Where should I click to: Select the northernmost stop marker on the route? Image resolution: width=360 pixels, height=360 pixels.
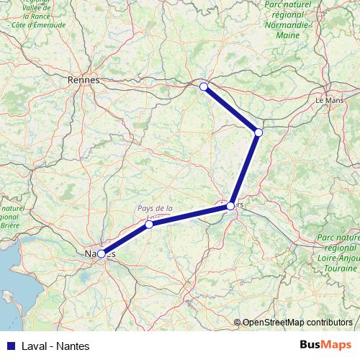(204, 86)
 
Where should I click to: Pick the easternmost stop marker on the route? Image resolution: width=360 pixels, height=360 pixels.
(258, 132)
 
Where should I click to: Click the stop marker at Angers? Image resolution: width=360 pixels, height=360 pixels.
(230, 206)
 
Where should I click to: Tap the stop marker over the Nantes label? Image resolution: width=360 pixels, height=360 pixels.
(102, 253)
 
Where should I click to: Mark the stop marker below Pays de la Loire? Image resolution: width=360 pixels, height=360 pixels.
(149, 225)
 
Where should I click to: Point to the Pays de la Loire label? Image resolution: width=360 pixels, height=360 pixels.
(156, 209)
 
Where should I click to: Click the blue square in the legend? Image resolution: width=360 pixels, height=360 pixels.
(9, 346)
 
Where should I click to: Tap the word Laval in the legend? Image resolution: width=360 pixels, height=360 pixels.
(35, 346)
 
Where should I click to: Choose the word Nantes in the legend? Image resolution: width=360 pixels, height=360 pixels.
(73, 346)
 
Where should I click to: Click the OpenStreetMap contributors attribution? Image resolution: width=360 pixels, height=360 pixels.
(297, 322)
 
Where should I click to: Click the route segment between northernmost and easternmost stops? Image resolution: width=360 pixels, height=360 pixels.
(231, 109)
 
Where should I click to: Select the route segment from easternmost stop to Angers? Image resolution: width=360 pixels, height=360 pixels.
(245, 168)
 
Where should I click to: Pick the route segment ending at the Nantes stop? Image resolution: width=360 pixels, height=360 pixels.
(126, 239)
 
